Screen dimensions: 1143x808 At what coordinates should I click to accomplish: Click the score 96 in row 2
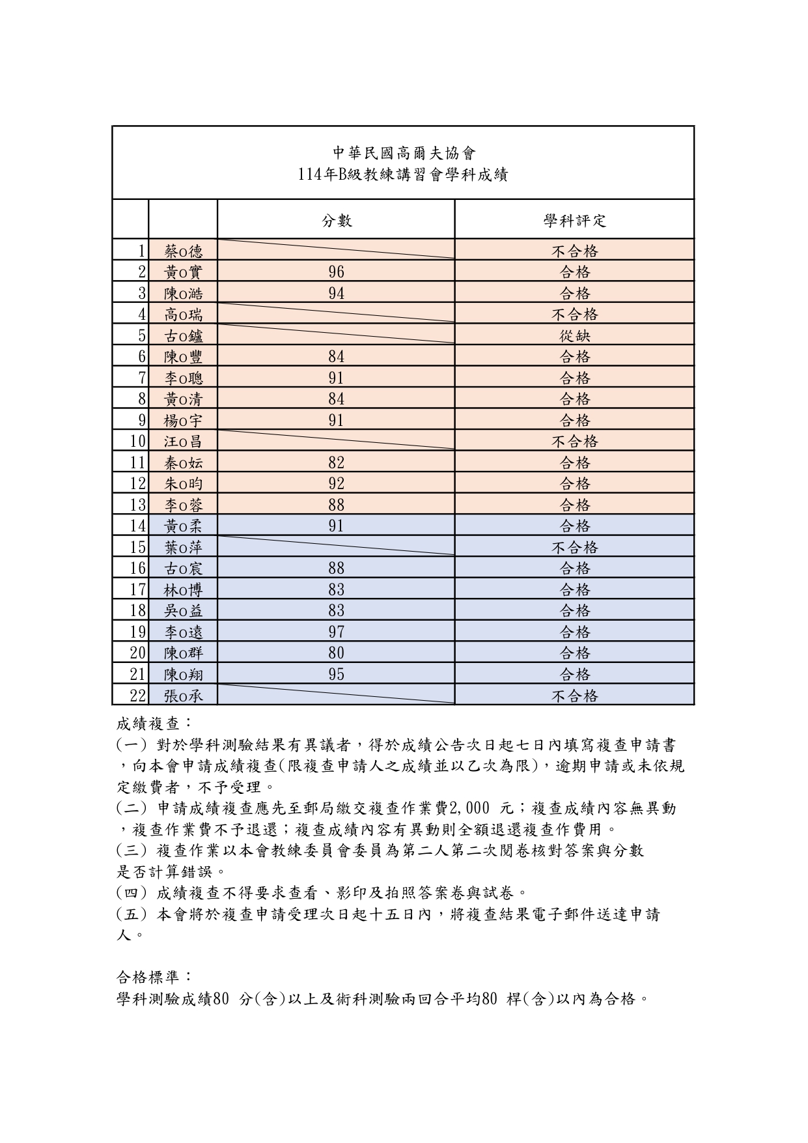click(x=336, y=272)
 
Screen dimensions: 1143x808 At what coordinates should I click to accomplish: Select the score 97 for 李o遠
click(x=336, y=632)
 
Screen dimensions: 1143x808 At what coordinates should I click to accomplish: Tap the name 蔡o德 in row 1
click(x=183, y=251)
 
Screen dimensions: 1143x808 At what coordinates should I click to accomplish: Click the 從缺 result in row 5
click(x=574, y=335)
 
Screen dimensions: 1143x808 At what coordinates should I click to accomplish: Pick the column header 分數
click(x=336, y=221)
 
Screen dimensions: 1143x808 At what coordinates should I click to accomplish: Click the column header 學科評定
click(x=574, y=221)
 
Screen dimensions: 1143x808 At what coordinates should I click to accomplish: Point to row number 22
click(x=137, y=696)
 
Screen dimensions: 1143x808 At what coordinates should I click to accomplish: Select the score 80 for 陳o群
click(x=336, y=653)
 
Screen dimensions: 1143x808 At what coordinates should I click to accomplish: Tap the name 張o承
click(x=183, y=696)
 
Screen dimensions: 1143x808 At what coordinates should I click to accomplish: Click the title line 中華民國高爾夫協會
click(x=404, y=153)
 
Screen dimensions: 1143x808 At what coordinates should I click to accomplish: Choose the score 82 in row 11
click(x=336, y=462)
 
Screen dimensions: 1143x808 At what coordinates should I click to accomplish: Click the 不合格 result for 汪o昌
click(x=574, y=442)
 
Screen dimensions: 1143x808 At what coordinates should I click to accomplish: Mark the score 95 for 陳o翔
click(x=336, y=674)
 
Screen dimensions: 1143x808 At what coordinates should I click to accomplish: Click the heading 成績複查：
click(x=154, y=724)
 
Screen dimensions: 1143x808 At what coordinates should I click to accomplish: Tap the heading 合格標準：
click(x=154, y=977)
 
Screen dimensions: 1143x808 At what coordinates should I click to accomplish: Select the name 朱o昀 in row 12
click(x=183, y=483)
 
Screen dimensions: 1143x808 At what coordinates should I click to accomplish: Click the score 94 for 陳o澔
click(x=336, y=293)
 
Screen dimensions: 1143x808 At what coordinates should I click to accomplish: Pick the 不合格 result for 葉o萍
click(x=574, y=547)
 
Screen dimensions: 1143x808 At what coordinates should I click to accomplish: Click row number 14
click(x=137, y=526)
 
